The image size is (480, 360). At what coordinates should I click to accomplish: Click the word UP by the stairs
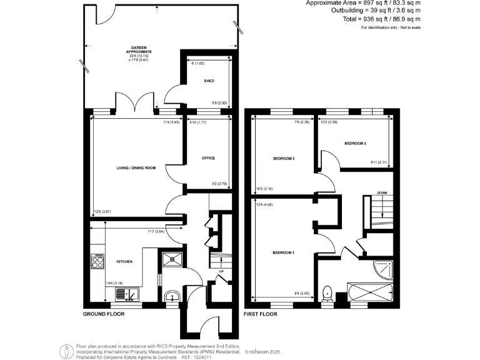pyautogui.click(x=221, y=271)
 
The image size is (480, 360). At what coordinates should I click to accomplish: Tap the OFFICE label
pyautogui.click(x=208, y=157)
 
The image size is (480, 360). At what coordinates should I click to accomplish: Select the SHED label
pyautogui.click(x=209, y=81)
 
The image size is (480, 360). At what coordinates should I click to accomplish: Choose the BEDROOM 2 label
pyautogui.click(x=283, y=158)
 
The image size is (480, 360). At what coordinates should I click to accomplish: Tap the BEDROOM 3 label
pyautogui.click(x=355, y=144)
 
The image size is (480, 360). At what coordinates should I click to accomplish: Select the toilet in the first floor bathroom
pyautogui.click(x=327, y=293)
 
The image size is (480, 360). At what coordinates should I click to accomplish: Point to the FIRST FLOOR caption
pyautogui.click(x=261, y=313)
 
